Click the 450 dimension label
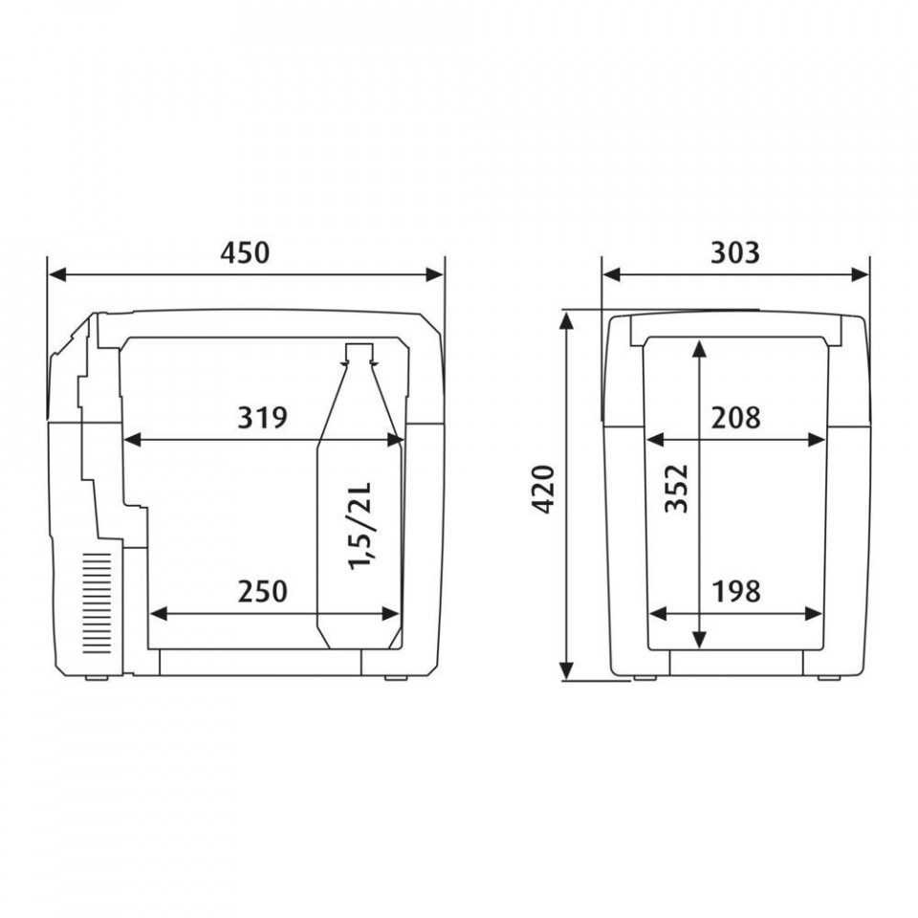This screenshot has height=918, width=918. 245,252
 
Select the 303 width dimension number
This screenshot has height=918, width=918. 734,252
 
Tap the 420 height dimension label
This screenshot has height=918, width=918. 544,490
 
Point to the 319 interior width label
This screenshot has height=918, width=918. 262,418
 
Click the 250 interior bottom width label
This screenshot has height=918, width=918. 262,591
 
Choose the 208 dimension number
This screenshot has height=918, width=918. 736,418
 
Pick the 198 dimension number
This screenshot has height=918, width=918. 736,591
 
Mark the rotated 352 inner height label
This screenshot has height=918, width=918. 677,489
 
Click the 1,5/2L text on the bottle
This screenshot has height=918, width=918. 360,526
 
